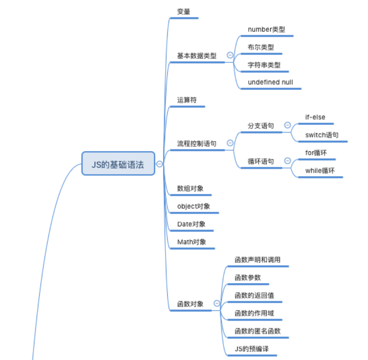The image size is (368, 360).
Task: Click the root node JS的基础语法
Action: point(118,164)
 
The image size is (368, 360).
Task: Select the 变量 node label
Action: point(184,12)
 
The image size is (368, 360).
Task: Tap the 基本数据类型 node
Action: point(197,56)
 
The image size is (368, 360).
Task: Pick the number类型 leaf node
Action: point(266,29)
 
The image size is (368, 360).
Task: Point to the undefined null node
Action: point(270,82)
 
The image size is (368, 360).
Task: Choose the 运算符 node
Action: point(187,100)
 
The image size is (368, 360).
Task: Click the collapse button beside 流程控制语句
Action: point(230,143)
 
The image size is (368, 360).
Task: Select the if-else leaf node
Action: point(315,118)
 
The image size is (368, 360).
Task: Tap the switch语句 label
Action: point(322,135)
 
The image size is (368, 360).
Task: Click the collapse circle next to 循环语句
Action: point(288,161)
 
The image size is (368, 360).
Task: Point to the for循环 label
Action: point(316,153)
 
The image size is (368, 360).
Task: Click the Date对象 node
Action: point(191,224)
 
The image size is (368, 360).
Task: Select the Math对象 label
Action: point(191,242)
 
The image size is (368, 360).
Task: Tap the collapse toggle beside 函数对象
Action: point(217,303)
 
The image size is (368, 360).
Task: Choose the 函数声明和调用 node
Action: point(258,260)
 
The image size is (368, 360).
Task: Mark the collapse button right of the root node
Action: point(159,164)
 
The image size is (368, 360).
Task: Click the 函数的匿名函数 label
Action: point(258,331)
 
